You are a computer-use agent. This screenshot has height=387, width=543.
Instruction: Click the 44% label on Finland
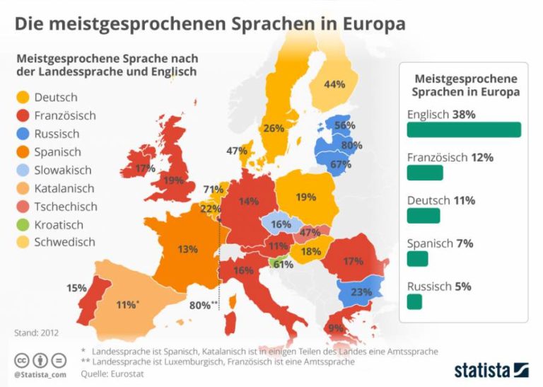tap(334, 84)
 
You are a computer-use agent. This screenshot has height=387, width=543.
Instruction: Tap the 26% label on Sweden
tap(274, 129)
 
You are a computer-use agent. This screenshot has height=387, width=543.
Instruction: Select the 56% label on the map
tap(345, 125)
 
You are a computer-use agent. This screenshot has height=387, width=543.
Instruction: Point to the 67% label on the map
tap(341, 165)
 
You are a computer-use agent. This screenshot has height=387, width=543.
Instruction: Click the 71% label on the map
tap(213, 190)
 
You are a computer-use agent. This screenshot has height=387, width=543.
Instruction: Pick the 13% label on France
tap(187, 249)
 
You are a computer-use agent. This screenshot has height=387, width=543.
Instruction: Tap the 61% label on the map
tap(284, 265)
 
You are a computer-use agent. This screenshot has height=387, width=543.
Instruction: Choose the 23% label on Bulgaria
tap(361, 291)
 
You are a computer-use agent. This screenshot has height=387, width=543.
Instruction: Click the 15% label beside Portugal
tap(76, 288)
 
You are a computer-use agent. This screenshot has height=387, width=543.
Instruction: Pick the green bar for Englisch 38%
tap(464, 129)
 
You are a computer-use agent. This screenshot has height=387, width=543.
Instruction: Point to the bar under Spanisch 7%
tap(417, 259)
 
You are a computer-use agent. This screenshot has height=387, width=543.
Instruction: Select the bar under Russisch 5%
tap(414, 302)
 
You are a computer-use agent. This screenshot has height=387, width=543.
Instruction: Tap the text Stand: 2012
tap(36, 332)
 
